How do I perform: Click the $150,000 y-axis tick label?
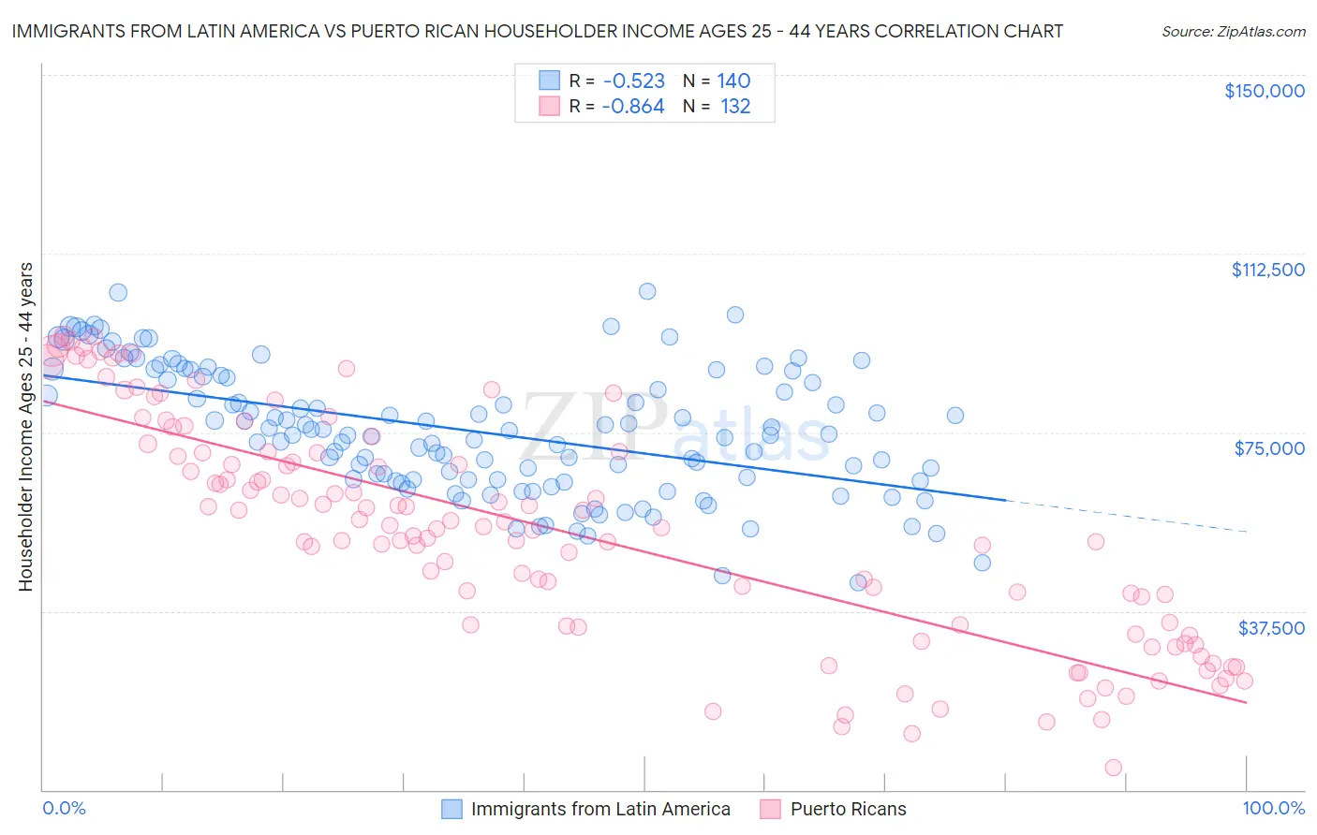1264,91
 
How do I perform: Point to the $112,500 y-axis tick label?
1267,270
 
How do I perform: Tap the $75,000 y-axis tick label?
1269,448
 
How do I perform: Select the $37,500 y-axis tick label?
1271,628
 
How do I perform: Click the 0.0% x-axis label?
65,808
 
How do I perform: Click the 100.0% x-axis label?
1273,808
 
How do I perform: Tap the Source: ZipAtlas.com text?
1233,31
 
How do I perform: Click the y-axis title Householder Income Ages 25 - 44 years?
25,427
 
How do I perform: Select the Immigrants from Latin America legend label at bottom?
600,809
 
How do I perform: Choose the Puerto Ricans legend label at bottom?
848,809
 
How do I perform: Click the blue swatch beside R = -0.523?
549,81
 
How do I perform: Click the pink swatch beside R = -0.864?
549,106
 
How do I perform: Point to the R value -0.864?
633,106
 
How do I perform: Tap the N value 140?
733,81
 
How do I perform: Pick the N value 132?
735,106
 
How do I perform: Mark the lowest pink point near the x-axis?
1113,768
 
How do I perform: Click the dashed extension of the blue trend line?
1124,516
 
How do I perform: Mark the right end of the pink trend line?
1246,701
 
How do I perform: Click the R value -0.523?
633,81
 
